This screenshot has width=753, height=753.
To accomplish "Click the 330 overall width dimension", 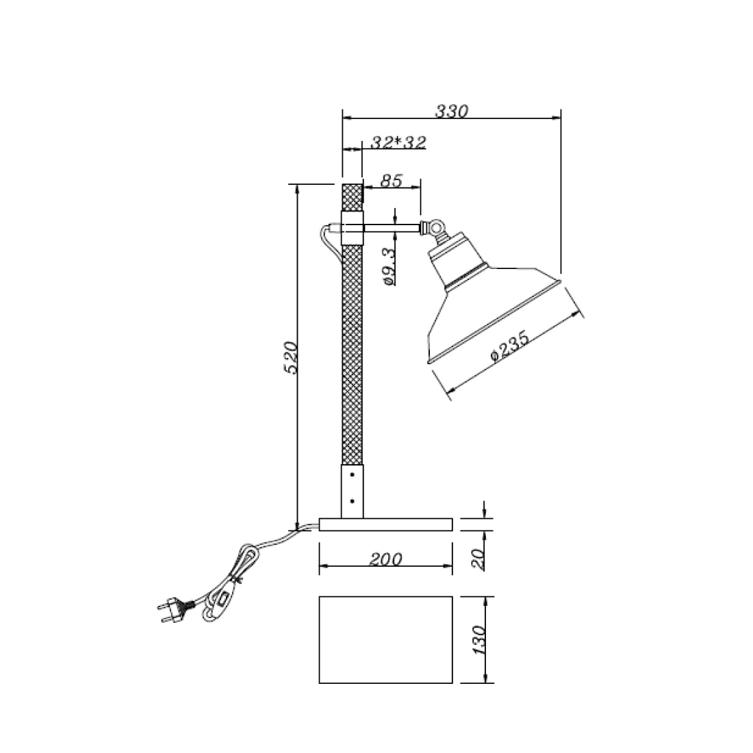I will (451, 111).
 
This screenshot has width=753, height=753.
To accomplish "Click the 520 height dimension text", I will (290, 357).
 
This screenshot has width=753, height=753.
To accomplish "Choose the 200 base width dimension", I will (385, 559).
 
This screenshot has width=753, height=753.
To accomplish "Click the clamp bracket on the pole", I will (352, 228).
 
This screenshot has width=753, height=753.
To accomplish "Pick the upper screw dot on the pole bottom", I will (352, 473).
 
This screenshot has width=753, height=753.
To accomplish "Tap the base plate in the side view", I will (385, 524).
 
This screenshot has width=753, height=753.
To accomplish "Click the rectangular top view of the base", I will (385, 639).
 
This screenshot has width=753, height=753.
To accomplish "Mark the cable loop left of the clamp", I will (327, 240).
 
